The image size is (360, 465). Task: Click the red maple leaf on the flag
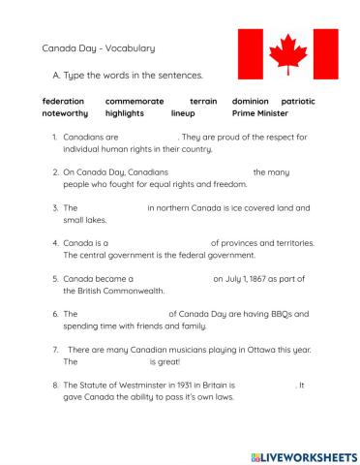[x=285, y=53]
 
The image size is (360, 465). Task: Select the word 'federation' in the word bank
[x=63, y=101]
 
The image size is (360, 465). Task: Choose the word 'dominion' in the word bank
[x=251, y=101]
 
